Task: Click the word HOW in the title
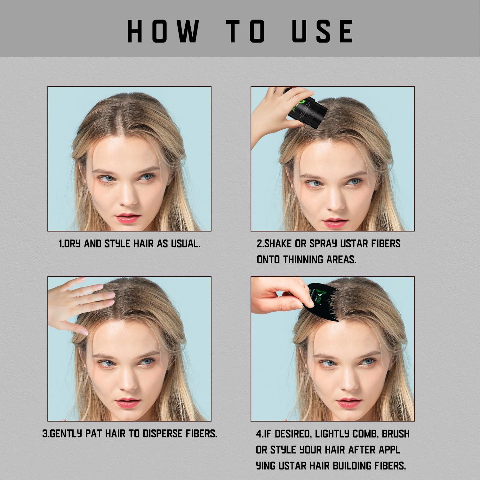click(162, 31)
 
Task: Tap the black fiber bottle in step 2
click(307, 107)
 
